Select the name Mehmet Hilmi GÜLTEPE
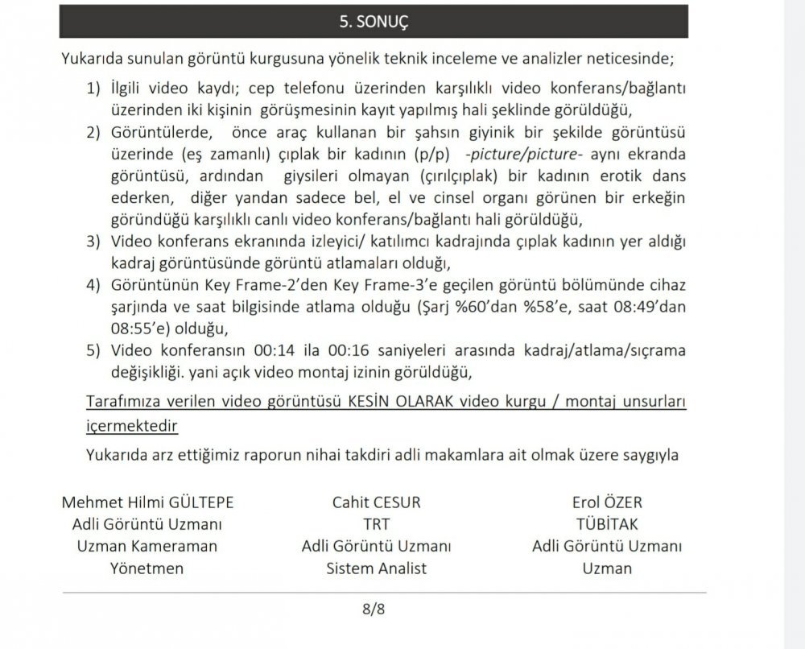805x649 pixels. point(147,502)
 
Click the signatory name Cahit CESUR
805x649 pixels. point(376,502)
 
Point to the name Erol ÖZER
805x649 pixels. point(607,502)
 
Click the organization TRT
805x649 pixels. point(376,524)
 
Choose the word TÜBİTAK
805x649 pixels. point(607,524)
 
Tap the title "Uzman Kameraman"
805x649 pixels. point(147,546)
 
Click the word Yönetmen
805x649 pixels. point(147,568)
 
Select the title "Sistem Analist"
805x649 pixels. point(376,568)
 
